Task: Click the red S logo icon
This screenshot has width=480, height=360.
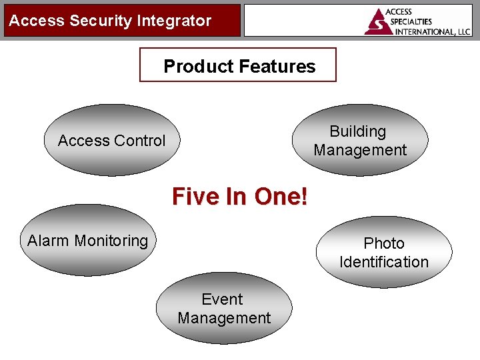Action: [x=378, y=22]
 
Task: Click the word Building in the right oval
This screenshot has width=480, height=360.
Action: [x=358, y=131]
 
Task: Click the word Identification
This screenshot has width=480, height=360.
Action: [x=384, y=262]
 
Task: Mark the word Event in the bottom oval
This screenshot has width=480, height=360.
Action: [x=223, y=299]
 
